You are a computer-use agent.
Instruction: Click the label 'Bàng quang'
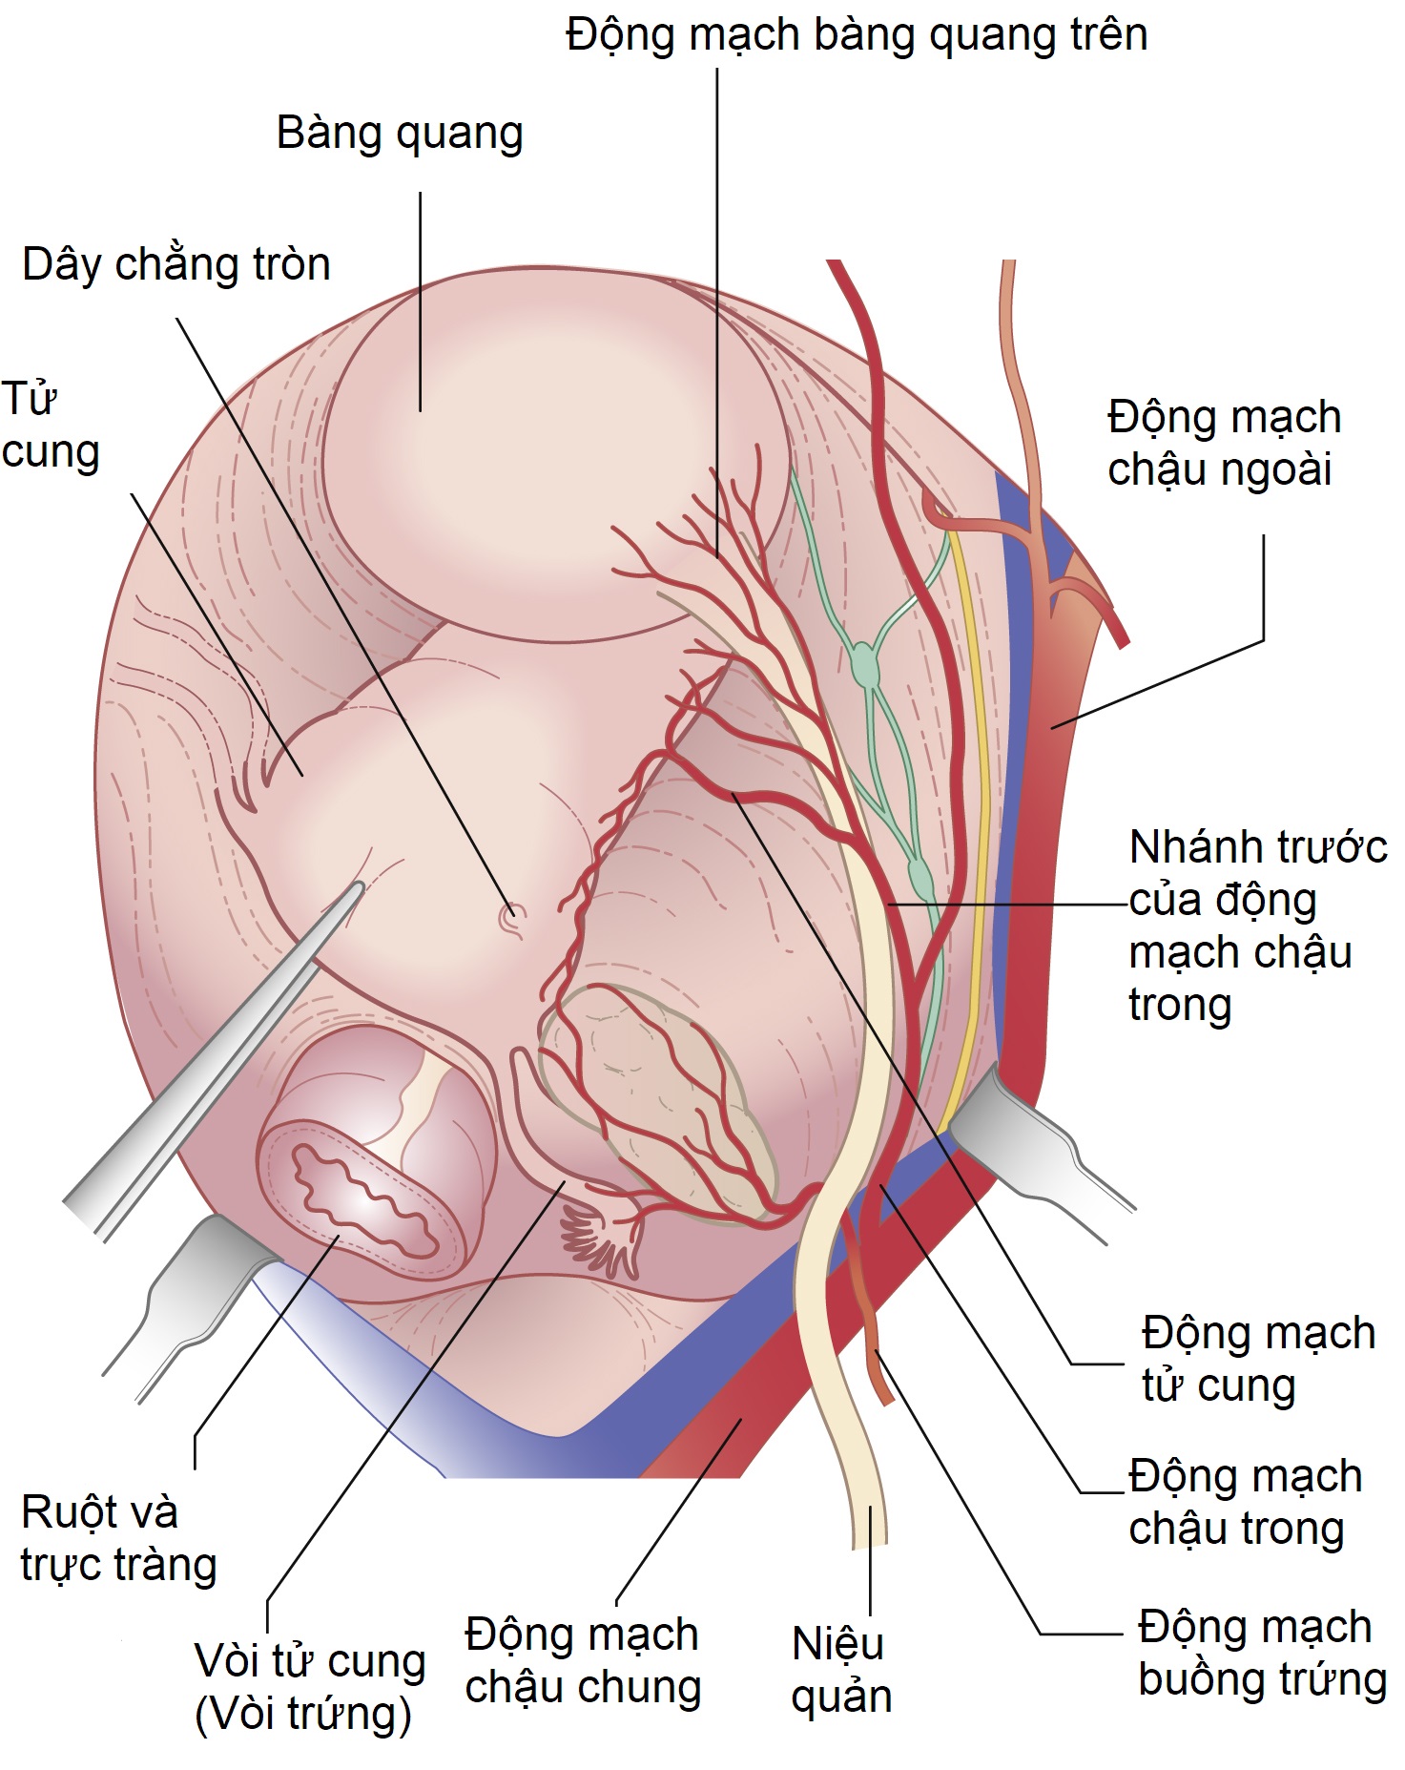coord(400,134)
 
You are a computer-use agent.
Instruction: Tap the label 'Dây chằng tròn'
coord(176,264)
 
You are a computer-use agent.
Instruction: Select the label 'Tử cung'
coord(50,426)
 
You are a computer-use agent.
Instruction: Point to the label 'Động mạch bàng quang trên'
coord(856,35)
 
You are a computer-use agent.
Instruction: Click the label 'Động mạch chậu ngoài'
coord(1224,444)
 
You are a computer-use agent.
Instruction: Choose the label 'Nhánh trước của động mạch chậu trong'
coord(1256,926)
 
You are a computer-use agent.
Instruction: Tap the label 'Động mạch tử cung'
coord(1258,1359)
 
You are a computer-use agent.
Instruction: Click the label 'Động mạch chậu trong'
coord(1245,1501)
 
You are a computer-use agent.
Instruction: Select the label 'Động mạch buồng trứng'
coord(1261,1653)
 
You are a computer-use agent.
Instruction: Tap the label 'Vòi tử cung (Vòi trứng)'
coord(309,1687)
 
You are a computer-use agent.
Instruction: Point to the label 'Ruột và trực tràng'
coord(118,1538)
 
